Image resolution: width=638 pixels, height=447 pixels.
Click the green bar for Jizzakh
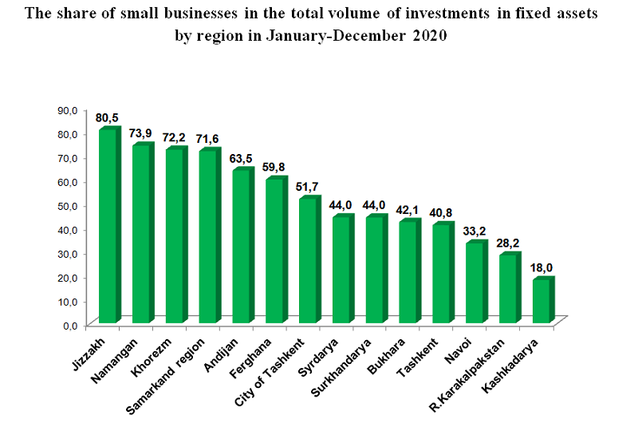coord(107,226)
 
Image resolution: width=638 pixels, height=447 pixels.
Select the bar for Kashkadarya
coord(541,301)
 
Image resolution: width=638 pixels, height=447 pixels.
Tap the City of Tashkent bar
coord(307,260)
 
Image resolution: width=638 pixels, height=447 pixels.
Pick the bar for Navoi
coord(474,283)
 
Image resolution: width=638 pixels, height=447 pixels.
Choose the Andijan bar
coord(240,246)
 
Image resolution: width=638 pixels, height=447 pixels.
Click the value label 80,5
coord(107,118)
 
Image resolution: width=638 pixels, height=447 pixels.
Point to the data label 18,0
coord(543,269)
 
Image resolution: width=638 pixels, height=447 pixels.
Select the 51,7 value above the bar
coord(308,187)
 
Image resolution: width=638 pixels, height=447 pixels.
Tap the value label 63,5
coord(241,159)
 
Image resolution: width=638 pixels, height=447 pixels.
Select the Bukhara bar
coord(408,271)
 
